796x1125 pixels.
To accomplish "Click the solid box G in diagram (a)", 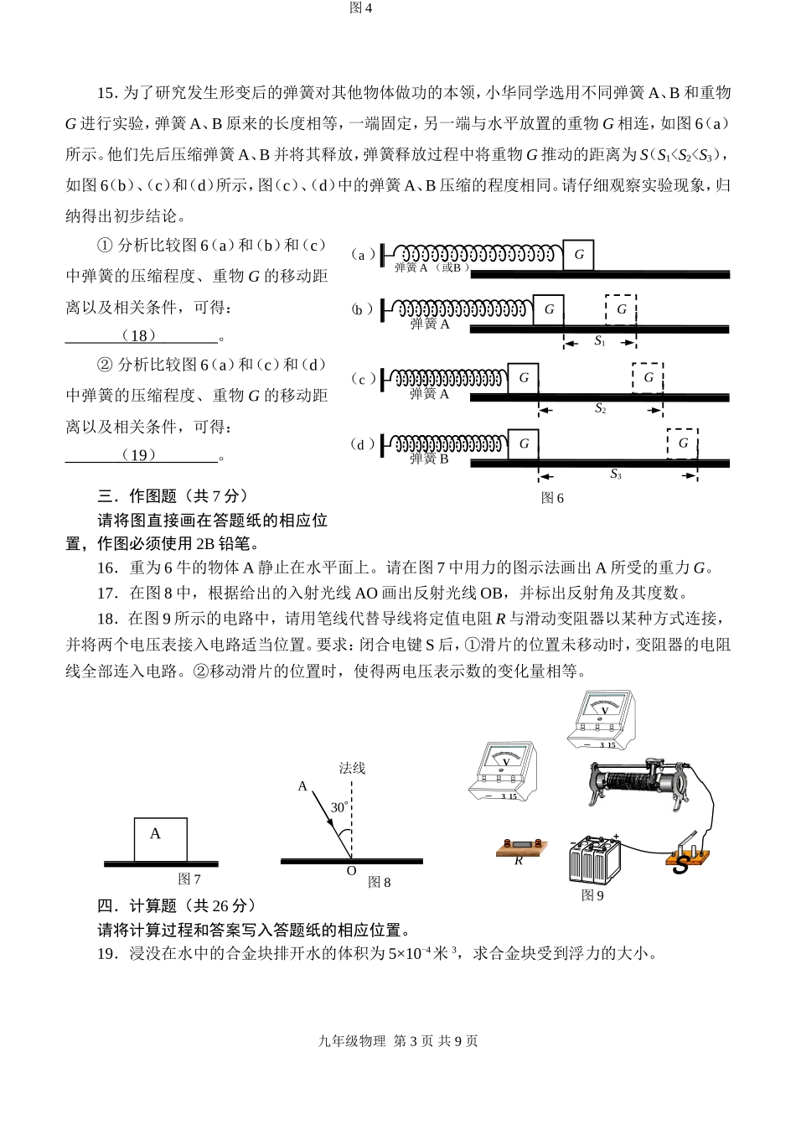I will pyautogui.click(x=578, y=255).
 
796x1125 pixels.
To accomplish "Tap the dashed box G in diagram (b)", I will pyautogui.click(x=621, y=309).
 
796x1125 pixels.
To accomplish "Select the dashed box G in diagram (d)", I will pyautogui.click(x=683, y=443).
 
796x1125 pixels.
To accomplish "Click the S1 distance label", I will pyautogui.click(x=600, y=341).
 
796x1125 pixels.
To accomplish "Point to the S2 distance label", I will pyautogui.click(x=600, y=408).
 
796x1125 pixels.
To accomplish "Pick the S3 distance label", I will pyautogui.click(x=616, y=474).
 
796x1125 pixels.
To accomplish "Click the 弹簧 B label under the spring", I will pyautogui.click(x=429, y=459).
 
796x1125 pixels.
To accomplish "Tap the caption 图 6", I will pyautogui.click(x=552, y=498).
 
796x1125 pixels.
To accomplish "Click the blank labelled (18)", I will pyautogui.click(x=140, y=336).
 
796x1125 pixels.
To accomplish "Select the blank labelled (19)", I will pyautogui.click(x=140, y=455).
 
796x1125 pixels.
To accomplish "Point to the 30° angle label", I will pyautogui.click(x=339, y=808).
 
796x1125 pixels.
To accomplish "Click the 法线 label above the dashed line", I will pyautogui.click(x=352, y=768).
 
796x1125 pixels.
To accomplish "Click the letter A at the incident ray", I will pyautogui.click(x=302, y=786).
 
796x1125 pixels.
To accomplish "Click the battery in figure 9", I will pyautogui.click(x=594, y=858).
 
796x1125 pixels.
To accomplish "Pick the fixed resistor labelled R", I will pyautogui.click(x=519, y=849).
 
